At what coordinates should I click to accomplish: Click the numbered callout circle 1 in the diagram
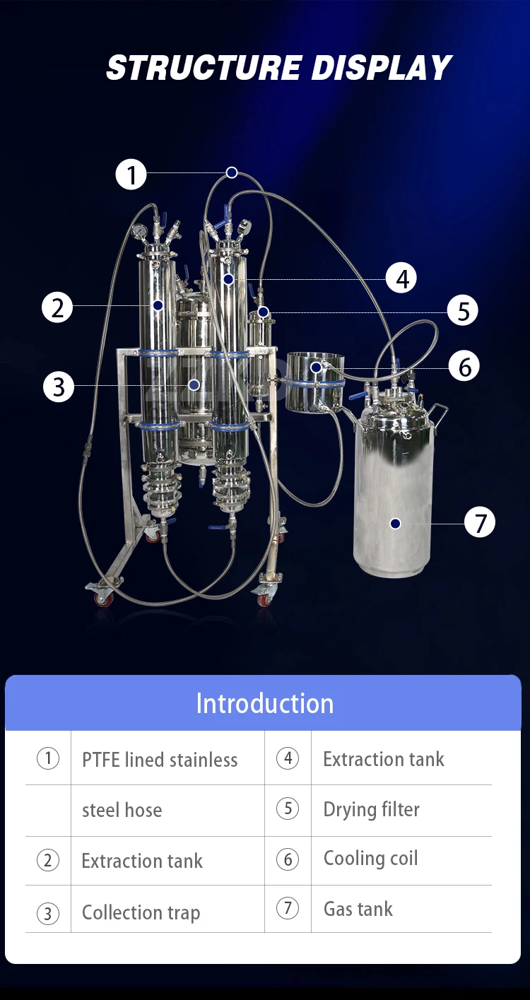131,174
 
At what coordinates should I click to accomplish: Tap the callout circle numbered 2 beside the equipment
57,307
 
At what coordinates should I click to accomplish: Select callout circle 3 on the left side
59,387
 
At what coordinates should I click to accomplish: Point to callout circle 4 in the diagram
402,278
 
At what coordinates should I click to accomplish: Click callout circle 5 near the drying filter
463,310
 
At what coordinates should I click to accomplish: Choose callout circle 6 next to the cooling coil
464,366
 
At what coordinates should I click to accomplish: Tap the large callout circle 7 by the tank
480,522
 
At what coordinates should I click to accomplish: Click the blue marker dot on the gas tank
395,523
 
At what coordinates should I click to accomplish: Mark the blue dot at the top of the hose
232,172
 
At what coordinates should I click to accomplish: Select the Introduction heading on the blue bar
264,703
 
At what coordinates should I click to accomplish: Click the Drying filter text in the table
371,810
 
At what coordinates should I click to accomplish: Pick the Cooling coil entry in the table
370,858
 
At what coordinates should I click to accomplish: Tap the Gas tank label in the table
358,909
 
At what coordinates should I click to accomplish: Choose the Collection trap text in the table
141,912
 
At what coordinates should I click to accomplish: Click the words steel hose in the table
122,810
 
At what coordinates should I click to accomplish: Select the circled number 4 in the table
288,759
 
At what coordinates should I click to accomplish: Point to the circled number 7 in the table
288,908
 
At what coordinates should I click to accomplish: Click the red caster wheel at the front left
103,598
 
